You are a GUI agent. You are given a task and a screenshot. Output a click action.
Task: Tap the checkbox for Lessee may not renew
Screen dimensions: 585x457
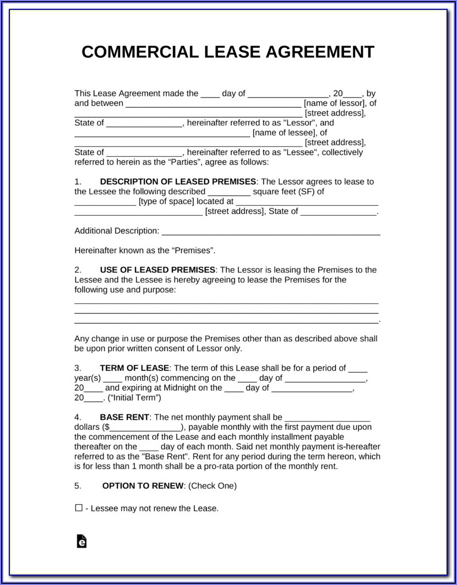click(79, 508)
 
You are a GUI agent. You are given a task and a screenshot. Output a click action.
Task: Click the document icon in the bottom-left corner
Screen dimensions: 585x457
click(81, 541)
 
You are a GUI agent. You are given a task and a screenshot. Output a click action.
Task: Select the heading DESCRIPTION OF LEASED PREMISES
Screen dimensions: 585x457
click(178, 182)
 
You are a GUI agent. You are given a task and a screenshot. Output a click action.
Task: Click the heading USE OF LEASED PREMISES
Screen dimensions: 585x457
click(157, 270)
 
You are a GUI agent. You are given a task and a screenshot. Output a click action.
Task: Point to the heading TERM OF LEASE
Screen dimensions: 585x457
click(135, 368)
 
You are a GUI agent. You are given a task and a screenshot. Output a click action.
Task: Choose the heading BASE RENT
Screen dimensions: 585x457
click(124, 417)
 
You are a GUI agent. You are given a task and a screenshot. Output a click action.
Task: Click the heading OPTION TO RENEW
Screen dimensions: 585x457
click(144, 486)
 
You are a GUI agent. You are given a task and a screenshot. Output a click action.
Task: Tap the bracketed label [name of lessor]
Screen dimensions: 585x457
click(334, 103)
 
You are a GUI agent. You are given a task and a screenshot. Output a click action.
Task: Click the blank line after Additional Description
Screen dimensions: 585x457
click(270, 231)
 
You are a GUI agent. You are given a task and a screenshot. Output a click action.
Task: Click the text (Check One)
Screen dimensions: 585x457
click(213, 486)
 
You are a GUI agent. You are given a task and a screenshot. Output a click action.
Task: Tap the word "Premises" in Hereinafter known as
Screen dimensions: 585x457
click(193, 250)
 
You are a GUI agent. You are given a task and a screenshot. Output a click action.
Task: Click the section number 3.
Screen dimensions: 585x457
click(78, 368)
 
